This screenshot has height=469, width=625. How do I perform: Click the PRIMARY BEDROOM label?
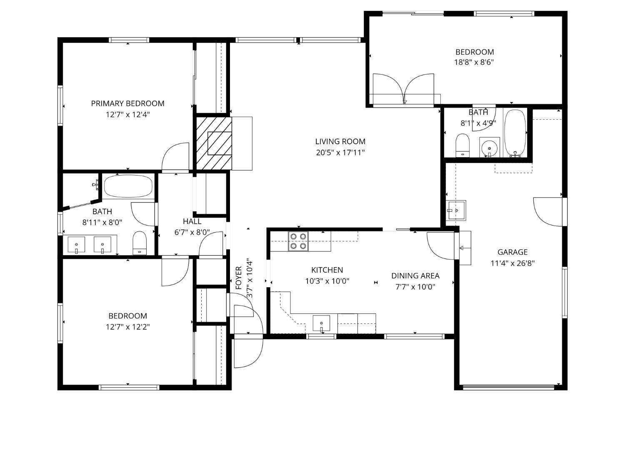coord(127,103)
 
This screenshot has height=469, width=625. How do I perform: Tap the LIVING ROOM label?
coord(340,142)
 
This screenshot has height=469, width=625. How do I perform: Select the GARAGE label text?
coord(512,252)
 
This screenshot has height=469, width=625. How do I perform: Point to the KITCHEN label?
coord(327,270)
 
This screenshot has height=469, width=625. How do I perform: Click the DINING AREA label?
coord(415,276)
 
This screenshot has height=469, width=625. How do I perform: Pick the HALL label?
coord(192,221)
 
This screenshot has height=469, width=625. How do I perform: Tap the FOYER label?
coord(239,278)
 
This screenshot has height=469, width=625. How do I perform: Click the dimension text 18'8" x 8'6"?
coord(474,63)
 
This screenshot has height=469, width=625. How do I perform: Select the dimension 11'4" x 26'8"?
coord(512,263)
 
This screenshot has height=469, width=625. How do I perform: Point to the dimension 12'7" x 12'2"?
coord(127,327)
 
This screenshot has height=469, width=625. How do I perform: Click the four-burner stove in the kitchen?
coord(298,241)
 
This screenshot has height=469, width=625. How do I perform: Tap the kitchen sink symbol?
coord(321,324)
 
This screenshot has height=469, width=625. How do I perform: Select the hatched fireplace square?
coord(213,143)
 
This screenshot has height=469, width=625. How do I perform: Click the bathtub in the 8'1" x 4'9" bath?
coord(515,133)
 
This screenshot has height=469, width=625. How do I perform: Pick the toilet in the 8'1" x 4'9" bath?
coord(462,145)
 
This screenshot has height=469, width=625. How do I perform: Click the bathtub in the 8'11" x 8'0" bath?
coord(128,186)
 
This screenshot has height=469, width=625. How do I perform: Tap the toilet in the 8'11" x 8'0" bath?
coord(140,243)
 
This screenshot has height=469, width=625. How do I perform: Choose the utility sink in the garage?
coord(456,210)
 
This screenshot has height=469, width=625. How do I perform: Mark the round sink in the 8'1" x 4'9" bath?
coord(489,147)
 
